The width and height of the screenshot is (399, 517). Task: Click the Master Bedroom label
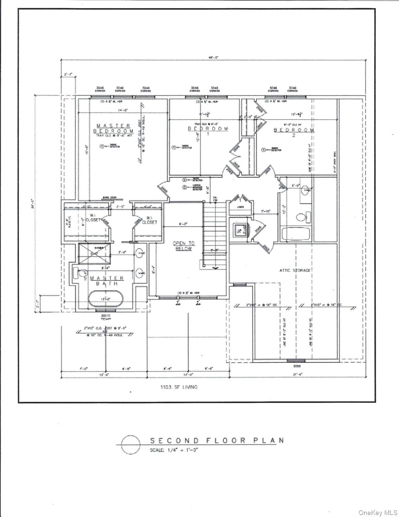pyautogui.click(x=113, y=128)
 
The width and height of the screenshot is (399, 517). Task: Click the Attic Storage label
pyautogui.click(x=295, y=270)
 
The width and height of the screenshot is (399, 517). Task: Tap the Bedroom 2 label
pyautogui.click(x=294, y=132)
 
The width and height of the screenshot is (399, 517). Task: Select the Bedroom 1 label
pyautogui.click(x=208, y=131)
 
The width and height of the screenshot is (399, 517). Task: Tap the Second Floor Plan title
pyautogui.click(x=217, y=440)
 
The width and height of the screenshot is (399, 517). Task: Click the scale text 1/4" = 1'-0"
pyautogui.click(x=174, y=450)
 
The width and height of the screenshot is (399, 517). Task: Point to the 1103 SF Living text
pyautogui.click(x=179, y=387)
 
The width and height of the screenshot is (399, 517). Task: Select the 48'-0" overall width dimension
pyautogui.click(x=213, y=58)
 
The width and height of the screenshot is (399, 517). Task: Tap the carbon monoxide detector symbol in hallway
pyautogui.click(x=184, y=187)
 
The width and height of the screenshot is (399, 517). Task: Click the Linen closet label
pyautogui.click(x=240, y=207)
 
